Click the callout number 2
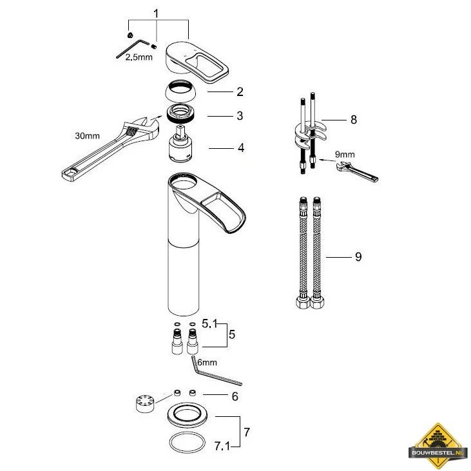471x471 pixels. [240, 91]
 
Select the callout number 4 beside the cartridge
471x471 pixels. [241, 148]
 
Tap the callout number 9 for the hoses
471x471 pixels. [358, 257]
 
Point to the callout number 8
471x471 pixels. [354, 120]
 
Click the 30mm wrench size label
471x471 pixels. [87, 136]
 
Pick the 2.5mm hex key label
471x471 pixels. [139, 57]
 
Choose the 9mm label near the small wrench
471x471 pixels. [345, 155]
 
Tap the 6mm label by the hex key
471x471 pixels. [207, 362]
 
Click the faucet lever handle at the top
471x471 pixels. [197, 62]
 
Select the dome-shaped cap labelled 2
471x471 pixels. [180, 91]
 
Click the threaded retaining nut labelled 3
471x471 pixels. [181, 113]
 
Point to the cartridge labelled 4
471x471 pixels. [180, 144]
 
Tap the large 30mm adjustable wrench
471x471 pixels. [111, 149]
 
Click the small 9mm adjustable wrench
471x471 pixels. [358, 171]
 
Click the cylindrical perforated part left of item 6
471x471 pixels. [145, 403]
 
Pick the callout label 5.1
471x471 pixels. [209, 324]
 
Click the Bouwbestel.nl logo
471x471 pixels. [438, 445]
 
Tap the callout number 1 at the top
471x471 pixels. [156, 14]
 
